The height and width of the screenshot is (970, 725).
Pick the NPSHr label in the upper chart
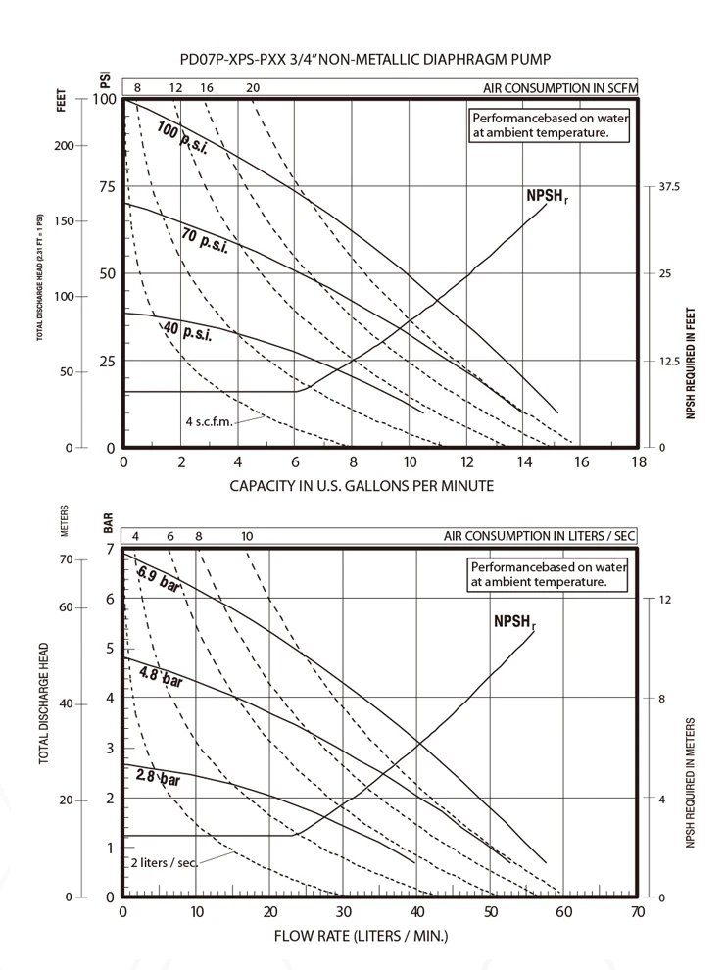(x=545, y=197)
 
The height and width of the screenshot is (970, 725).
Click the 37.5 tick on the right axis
(x=669, y=186)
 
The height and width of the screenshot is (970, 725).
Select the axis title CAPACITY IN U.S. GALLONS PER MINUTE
(x=362, y=485)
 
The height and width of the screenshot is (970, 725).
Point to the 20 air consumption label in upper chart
(x=253, y=88)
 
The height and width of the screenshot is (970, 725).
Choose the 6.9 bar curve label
(x=160, y=578)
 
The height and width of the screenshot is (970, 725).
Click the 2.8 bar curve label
(x=158, y=778)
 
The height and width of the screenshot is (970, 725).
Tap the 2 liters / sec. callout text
(x=164, y=862)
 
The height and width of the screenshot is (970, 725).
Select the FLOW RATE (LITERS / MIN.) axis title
(x=362, y=935)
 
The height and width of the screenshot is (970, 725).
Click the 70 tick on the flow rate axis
(x=639, y=911)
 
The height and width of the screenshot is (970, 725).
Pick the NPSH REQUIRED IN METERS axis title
(x=692, y=784)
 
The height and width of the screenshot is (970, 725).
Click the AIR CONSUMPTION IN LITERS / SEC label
(x=540, y=536)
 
